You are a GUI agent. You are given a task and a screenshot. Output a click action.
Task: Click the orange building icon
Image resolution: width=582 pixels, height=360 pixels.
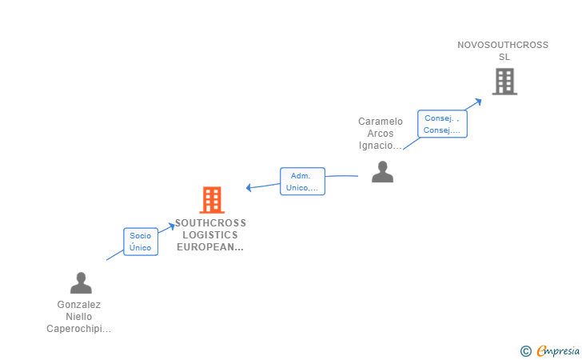click(212, 200)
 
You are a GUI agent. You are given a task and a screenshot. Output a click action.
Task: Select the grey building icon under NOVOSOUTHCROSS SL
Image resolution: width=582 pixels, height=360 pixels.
click(504, 82)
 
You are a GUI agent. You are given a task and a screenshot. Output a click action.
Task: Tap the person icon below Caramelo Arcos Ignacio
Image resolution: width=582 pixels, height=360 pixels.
click(382, 172)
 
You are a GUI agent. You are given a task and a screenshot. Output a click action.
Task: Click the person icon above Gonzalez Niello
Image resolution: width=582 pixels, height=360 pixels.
click(81, 282)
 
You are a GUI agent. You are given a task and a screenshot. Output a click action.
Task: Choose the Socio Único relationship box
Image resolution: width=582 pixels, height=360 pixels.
click(141, 242)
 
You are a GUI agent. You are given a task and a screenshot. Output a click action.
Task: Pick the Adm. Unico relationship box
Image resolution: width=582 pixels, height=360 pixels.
click(302, 182)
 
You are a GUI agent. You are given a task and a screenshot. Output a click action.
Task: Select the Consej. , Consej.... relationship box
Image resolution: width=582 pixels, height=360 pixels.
click(442, 124)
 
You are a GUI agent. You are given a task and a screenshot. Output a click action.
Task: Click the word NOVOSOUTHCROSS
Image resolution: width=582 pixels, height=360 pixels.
click(503, 45)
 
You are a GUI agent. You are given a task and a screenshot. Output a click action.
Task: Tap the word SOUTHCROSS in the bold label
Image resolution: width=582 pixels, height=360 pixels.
click(210, 223)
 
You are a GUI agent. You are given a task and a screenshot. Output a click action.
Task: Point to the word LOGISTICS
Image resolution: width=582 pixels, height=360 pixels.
click(210, 234)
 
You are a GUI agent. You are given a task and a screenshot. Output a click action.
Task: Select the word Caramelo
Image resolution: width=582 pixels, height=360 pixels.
click(381, 122)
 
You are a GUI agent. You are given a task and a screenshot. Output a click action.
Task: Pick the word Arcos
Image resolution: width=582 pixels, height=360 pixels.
click(381, 134)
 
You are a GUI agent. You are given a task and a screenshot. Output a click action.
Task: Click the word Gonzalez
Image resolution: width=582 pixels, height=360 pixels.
click(78, 305)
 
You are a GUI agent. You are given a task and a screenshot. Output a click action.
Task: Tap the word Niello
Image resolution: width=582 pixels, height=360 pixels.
click(78, 317)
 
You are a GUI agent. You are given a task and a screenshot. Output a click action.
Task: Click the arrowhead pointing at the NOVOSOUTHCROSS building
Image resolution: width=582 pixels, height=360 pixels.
click(478, 102)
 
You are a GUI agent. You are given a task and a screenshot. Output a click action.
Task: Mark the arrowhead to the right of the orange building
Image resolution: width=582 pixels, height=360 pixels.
click(249, 188)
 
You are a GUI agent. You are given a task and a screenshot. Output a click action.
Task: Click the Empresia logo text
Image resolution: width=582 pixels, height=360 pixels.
click(558, 350)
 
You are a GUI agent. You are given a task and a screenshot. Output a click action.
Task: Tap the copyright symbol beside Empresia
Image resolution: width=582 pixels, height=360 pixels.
click(525, 351)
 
